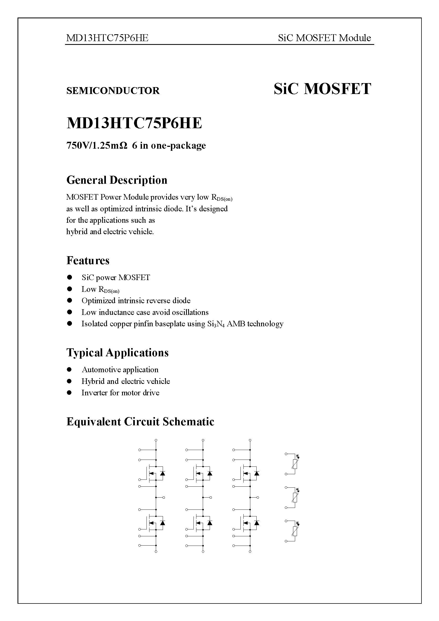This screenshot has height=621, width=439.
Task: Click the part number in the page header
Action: (x=107, y=38)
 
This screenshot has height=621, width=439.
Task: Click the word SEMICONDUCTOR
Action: (x=113, y=91)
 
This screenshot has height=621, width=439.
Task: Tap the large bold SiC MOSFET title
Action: (x=322, y=89)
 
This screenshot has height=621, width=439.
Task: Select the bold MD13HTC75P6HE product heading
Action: (x=134, y=123)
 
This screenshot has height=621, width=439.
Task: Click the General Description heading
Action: (x=117, y=180)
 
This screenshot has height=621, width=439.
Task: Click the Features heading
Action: (x=88, y=260)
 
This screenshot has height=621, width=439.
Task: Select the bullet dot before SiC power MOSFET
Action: (x=70, y=277)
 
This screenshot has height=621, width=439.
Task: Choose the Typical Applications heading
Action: (x=117, y=353)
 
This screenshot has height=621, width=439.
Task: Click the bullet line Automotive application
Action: (x=120, y=370)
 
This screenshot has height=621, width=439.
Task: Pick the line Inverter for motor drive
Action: (x=120, y=393)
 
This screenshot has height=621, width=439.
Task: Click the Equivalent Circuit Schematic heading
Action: (x=140, y=422)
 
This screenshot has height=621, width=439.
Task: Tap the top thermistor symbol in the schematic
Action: (x=295, y=464)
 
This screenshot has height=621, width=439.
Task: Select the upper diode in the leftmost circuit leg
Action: (x=162, y=473)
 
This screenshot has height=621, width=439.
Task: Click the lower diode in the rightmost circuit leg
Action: (x=257, y=523)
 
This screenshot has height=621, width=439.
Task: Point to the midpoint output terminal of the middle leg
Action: (x=211, y=497)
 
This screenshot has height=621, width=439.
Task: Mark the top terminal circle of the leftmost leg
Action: (x=156, y=440)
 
